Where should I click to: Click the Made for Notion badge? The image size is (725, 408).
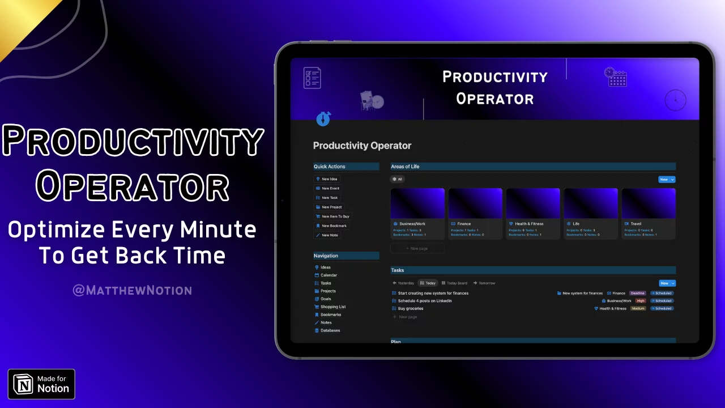click(x=41, y=384)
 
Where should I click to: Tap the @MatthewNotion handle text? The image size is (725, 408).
click(x=132, y=291)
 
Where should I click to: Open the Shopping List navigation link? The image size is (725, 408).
click(x=332, y=307)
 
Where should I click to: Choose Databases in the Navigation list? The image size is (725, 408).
click(x=330, y=330)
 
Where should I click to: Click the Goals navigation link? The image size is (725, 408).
click(x=325, y=299)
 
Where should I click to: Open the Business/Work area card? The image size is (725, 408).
click(x=417, y=214)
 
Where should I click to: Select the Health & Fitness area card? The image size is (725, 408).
click(x=532, y=214)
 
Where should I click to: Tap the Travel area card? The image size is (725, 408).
click(x=648, y=214)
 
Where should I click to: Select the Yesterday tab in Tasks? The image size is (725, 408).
click(x=403, y=283)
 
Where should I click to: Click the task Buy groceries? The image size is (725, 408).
click(x=410, y=308)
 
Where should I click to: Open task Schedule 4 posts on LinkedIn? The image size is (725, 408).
click(x=424, y=301)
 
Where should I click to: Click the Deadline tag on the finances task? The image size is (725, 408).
click(x=637, y=294)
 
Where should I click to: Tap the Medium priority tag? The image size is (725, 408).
click(x=638, y=308)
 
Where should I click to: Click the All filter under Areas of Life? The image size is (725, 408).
click(x=397, y=179)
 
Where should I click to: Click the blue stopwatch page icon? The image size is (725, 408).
click(x=323, y=119)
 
